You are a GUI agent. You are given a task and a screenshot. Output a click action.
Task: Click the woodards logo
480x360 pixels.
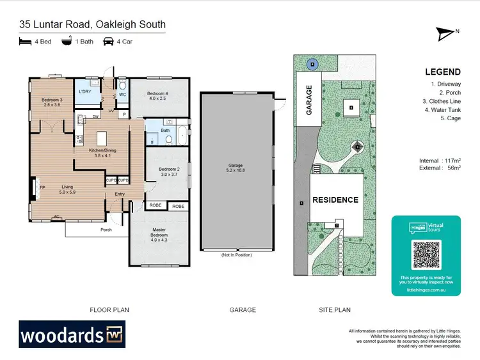(72, 336)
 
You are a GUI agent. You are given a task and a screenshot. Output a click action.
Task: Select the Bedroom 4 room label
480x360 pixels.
(157, 95)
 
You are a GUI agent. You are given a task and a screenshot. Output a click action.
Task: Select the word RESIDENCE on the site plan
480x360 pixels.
(335, 200)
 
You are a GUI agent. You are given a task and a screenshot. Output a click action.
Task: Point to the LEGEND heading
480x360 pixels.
(441, 72)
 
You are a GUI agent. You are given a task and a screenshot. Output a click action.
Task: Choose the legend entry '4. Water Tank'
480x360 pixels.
(441, 109)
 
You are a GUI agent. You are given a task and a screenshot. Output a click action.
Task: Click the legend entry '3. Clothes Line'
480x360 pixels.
(442, 101)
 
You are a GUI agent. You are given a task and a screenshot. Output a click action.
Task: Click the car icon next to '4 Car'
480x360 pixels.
(108, 42)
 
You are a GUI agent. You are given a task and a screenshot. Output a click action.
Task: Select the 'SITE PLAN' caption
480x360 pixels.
(335, 309)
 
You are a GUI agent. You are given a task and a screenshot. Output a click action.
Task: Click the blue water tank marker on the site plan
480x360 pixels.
(312, 63)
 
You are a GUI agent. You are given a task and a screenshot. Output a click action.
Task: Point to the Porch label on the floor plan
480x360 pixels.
(106, 230)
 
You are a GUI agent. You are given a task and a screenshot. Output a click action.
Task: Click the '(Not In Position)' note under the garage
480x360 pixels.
(237, 255)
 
